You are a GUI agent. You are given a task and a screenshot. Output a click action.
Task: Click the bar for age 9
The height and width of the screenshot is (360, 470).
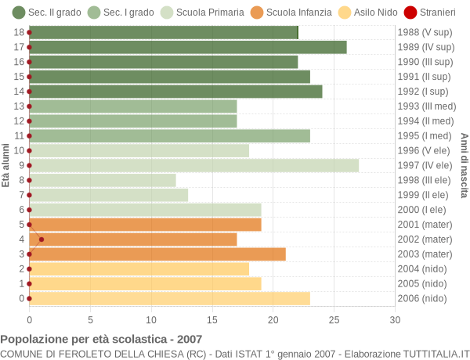pyautogui.click(x=193, y=165)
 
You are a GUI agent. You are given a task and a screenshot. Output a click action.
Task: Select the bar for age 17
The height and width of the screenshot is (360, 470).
pyautogui.click(x=188, y=47)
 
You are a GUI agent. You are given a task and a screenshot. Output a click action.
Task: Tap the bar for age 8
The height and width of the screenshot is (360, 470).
pyautogui.click(x=103, y=180)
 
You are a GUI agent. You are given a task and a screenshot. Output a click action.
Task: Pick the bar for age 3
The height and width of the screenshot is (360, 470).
pyautogui.click(x=157, y=254)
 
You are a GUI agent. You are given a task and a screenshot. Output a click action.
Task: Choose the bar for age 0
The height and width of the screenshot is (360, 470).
pyautogui.click(x=169, y=298)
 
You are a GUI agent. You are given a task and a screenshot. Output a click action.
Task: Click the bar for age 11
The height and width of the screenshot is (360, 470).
pyautogui.click(x=169, y=135)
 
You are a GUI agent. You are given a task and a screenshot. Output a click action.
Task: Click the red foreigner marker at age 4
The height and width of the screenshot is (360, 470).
pyautogui.click(x=42, y=239)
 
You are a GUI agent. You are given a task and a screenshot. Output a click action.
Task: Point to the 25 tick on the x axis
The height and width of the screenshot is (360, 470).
pyautogui.click(x=334, y=319)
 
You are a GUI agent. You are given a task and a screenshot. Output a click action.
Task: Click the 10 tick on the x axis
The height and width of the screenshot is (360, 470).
pyautogui.click(x=151, y=319)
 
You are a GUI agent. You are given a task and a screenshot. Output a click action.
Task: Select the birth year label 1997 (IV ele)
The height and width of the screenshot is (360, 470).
pyautogui.click(x=425, y=165)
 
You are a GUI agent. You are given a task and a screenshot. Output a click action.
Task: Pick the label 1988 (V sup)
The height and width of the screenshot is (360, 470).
pyautogui.click(x=425, y=32)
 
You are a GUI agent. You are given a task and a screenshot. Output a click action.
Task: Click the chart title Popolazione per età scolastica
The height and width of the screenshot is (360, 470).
pyautogui.click(x=101, y=340)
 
